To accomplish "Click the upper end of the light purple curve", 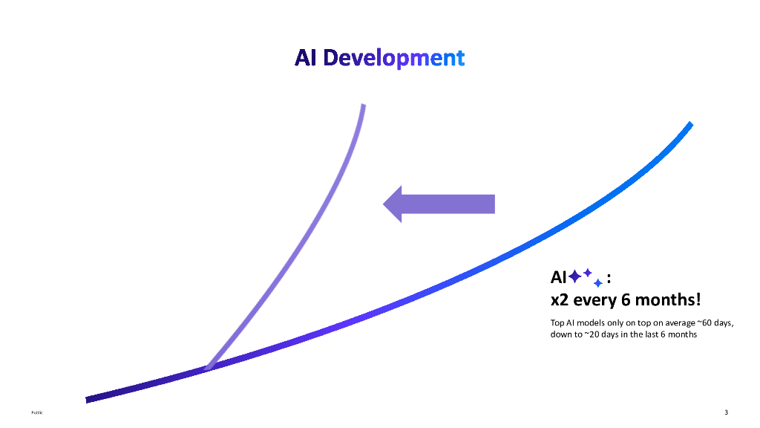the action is click(x=363, y=106).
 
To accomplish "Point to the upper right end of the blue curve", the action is click(x=690, y=125).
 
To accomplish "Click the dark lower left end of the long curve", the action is click(x=88, y=400).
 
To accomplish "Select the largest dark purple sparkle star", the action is click(x=575, y=277).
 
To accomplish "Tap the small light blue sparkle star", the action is click(x=597, y=283).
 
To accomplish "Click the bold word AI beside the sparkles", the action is click(x=558, y=278).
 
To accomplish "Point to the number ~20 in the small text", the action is click(x=588, y=334).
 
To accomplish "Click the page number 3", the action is click(x=726, y=412).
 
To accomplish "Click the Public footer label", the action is click(x=36, y=413).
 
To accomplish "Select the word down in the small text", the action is click(x=561, y=334).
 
